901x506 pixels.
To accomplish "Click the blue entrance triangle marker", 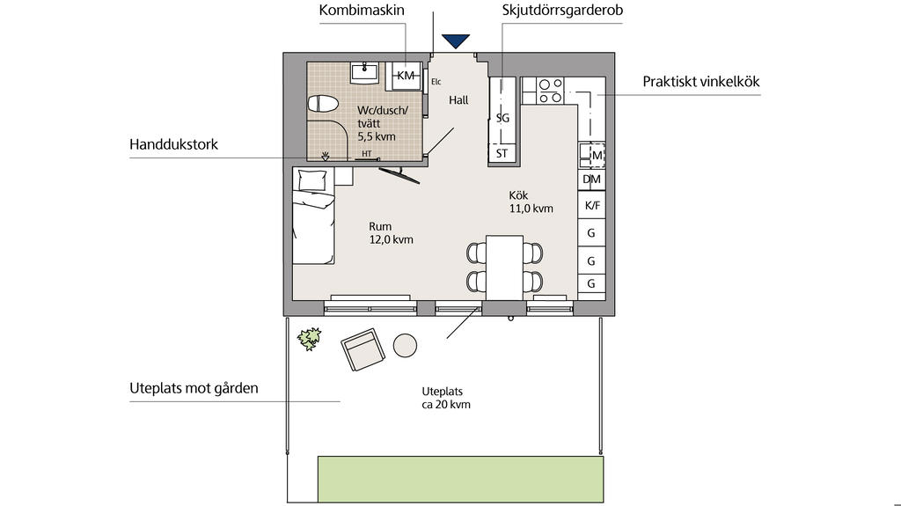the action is click(456, 40).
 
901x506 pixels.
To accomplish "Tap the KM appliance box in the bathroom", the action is click(406, 76).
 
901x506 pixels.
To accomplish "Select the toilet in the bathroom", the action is click(323, 104).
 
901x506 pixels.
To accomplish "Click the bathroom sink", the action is click(364, 73).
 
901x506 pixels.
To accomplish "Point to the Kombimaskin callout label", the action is click(362, 10).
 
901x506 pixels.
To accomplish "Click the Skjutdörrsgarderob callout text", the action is click(562, 10).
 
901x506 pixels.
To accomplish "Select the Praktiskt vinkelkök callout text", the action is click(701, 82).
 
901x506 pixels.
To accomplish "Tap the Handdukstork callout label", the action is click(173, 144).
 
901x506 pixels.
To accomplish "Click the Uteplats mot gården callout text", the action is click(194, 388).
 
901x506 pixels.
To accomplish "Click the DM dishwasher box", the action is click(592, 180).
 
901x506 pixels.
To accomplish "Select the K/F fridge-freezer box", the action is click(592, 205).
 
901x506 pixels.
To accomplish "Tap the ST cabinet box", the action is click(502, 153).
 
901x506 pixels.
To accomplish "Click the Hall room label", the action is click(458, 100).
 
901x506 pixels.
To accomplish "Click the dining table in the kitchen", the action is click(504, 267).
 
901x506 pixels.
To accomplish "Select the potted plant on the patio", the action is click(309, 339).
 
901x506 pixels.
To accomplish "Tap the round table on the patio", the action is click(405, 346).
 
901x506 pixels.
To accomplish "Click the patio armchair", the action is click(363, 349).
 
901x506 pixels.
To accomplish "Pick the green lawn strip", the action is click(461, 479).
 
